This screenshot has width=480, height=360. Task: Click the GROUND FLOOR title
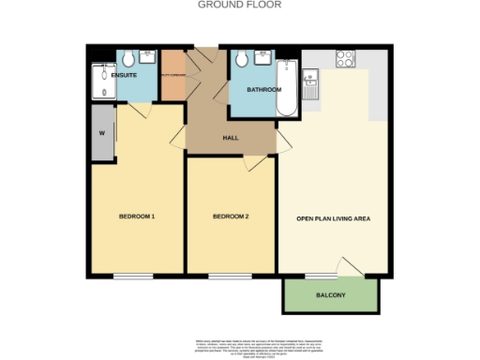pyautogui.click(x=239, y=5)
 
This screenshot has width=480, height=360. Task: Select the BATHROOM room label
pyautogui.click(x=263, y=90)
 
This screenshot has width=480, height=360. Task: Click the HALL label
pyautogui.click(x=230, y=138)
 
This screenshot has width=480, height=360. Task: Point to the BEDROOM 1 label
pyautogui.click(x=136, y=217)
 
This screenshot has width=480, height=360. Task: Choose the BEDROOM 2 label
pyautogui.click(x=230, y=217)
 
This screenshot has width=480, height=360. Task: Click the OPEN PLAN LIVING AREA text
pyautogui.click(x=335, y=218)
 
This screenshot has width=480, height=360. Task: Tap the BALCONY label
pyautogui.click(x=331, y=296)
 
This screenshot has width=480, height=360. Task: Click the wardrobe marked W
pyautogui.click(x=101, y=132)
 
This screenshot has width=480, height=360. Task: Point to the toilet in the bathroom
pyautogui.click(x=242, y=60)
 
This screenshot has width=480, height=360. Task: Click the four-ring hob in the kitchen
pyautogui.click(x=345, y=58)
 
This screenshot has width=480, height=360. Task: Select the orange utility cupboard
pyautogui.click(x=172, y=75)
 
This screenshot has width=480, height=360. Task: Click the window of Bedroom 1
pyautogui.click(x=135, y=276)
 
